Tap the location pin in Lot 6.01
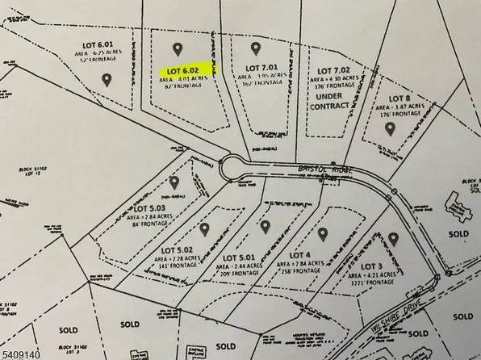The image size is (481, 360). (107, 78)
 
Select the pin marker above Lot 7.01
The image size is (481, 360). (256, 48)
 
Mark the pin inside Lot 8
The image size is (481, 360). (389, 127)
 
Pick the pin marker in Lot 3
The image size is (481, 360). (393, 238)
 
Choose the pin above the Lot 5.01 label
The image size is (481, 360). (265, 225)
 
